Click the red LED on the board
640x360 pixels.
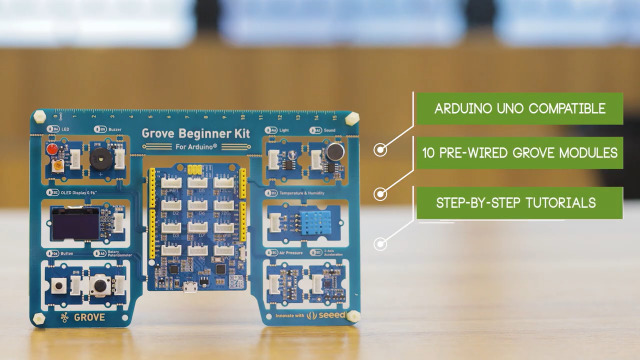(49, 150)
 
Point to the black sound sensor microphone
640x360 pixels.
(329, 153)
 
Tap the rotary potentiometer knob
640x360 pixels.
(100, 286)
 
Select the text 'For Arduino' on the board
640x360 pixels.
(195, 147)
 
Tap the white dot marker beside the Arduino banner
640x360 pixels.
(380, 150)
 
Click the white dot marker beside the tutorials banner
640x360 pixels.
(380, 243)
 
